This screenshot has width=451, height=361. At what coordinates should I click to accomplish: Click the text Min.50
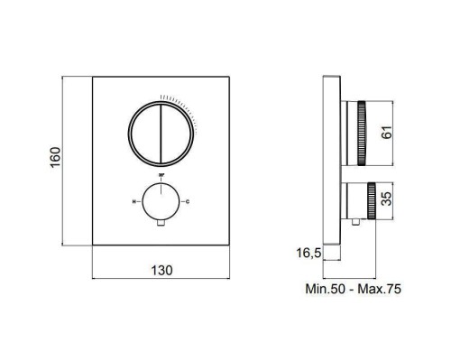[328, 290]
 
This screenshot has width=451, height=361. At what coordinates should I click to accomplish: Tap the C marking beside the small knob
[188, 200]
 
